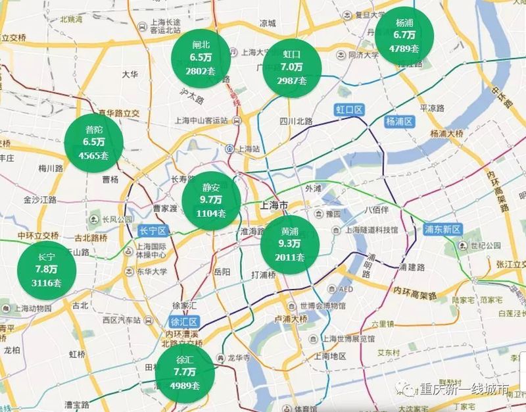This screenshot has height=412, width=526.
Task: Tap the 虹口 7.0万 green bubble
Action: (292, 67)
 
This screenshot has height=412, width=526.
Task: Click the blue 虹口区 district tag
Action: (350, 109)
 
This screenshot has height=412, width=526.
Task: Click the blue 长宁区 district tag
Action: (155, 230)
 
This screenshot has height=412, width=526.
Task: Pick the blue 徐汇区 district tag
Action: (185, 322)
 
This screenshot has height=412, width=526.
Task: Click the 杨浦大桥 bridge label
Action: (447, 134)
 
